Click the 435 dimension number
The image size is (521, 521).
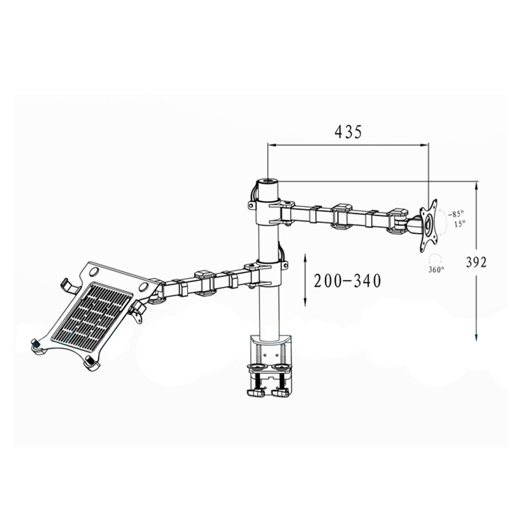pos(348,132)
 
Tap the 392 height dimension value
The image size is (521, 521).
pos(476,262)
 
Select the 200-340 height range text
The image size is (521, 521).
pos(347,281)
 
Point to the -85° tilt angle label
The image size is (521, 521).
pos(455,214)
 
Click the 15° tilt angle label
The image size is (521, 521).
pos(460,223)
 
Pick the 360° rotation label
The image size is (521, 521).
pos(436,270)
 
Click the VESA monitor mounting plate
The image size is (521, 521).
pos(429,225)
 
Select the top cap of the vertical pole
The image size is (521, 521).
pos(268,182)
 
